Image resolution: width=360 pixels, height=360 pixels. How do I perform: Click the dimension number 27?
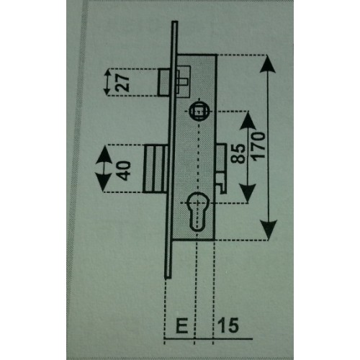pos(122,82)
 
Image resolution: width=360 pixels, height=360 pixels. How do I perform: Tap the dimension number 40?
pos(125,171)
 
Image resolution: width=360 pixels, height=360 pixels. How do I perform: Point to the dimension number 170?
pos(258,146)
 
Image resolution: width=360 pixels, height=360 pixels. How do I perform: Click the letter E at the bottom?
pos(181,325)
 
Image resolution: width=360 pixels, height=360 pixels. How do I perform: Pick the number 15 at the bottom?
pos(228,325)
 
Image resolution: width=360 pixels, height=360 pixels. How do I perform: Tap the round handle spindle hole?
pos(199,111)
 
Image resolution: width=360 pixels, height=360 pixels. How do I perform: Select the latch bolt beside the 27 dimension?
pos(164,82)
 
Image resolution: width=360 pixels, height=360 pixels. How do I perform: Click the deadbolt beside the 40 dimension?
pos(154,168)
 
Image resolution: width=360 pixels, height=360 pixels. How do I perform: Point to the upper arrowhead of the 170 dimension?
pos(267,63)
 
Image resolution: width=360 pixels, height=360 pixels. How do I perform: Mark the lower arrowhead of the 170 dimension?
pos(269,230)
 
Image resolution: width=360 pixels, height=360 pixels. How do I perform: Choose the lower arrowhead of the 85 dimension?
pos(247,194)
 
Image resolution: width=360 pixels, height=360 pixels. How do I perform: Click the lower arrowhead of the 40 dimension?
pos(104,182)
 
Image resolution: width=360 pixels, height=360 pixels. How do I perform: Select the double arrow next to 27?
pos(107,81)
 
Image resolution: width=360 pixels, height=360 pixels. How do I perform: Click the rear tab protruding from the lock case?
pos(222,168)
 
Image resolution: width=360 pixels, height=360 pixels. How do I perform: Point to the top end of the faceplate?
pos(175,22)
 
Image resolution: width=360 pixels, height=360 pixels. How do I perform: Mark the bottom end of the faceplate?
pos(168,278)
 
